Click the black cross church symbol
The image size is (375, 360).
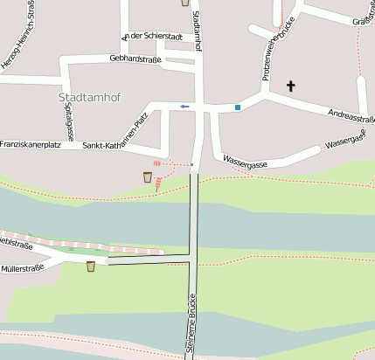click(x=291, y=86)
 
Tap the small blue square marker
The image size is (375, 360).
click(x=237, y=107)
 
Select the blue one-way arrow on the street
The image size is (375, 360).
click(x=184, y=106)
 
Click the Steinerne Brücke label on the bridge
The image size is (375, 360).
click(x=190, y=328)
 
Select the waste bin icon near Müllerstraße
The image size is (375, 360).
click(x=91, y=266)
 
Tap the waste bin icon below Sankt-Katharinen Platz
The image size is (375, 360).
click(x=148, y=177)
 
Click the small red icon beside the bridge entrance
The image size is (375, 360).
click(x=157, y=163)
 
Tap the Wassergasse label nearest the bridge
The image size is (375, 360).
click(x=246, y=161)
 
